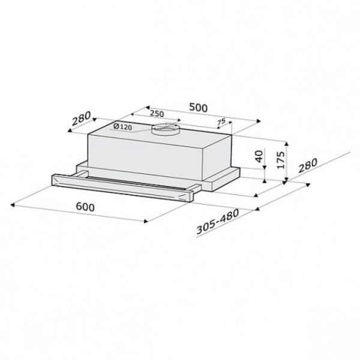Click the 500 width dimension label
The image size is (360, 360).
[x=199, y=107]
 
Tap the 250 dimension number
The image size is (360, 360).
[x=157, y=113]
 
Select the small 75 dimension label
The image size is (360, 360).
[x=221, y=122]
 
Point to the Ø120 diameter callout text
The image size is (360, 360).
[x=123, y=127]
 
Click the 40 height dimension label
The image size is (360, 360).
[x=259, y=156]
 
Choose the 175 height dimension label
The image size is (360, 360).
[x=281, y=160]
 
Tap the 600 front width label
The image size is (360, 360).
[x=85, y=207]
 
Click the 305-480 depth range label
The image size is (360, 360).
[x=218, y=221]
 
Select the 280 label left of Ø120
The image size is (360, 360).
[x=81, y=118]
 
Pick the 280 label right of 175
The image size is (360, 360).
[x=308, y=166]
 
